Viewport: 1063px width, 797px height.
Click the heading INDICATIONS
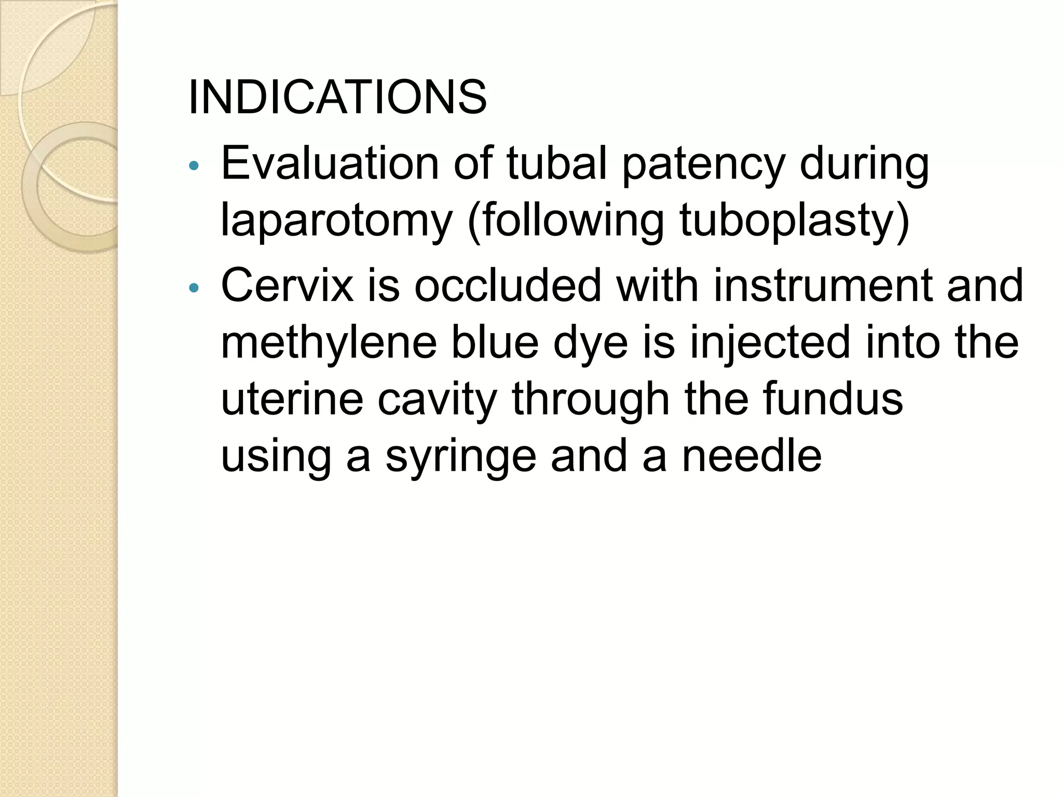(337, 98)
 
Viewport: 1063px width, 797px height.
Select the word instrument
(823, 286)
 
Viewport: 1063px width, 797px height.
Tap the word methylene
(329, 343)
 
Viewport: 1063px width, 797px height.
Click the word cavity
(437, 401)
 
